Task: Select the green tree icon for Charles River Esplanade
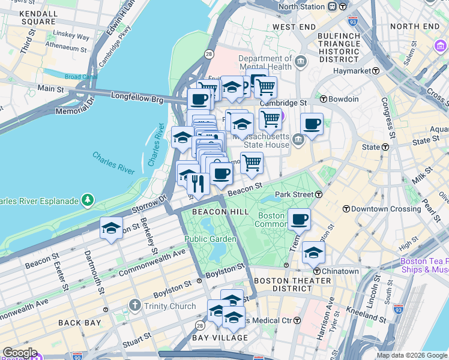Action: (x=88, y=199)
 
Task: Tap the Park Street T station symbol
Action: (x=319, y=194)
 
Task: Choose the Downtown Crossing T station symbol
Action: (x=346, y=209)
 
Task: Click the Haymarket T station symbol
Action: (x=376, y=70)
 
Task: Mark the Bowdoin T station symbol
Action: (x=323, y=99)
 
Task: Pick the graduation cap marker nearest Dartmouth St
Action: (x=111, y=228)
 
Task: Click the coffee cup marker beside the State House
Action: (x=312, y=124)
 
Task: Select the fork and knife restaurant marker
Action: (x=199, y=183)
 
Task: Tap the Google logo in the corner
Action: (x=20, y=353)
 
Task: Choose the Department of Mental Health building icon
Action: (x=301, y=62)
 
